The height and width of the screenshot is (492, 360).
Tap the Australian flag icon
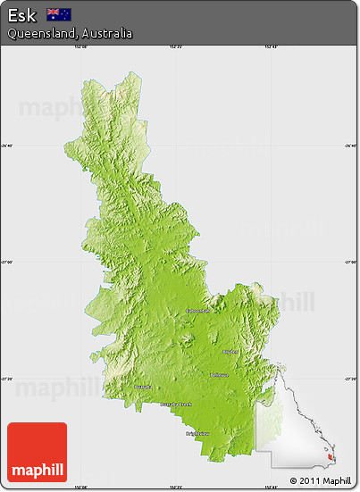point(59,14)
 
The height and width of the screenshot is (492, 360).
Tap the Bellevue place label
point(218,375)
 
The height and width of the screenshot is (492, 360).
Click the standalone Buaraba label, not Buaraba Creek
point(143,387)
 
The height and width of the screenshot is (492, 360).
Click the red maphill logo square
point(37,452)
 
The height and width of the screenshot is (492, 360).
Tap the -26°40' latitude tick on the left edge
point(6,146)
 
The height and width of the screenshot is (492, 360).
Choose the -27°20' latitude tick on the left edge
point(6,379)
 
